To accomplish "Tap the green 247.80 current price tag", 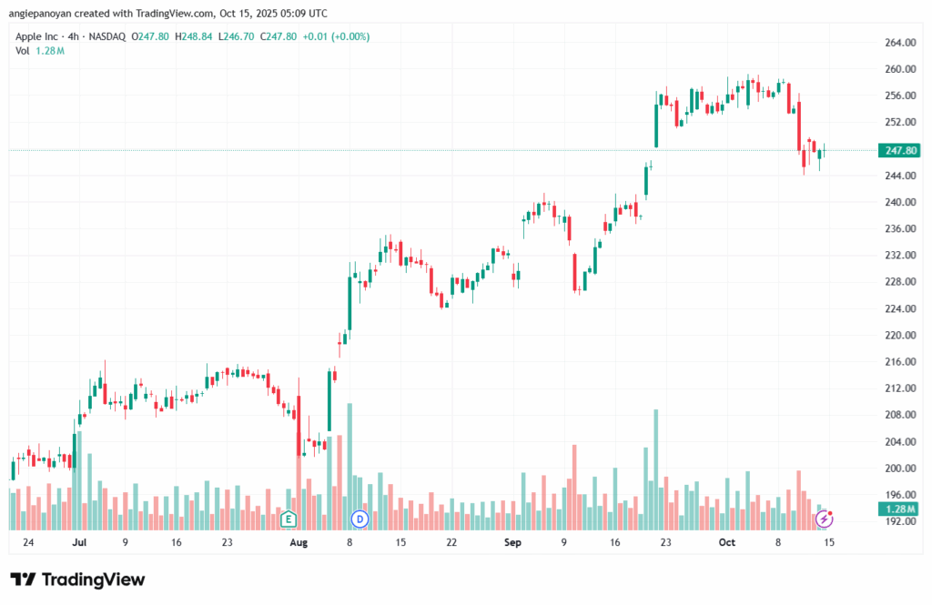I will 898,150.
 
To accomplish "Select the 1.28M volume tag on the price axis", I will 898,509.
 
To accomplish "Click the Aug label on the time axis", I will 299,542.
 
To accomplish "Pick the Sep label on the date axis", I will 512,542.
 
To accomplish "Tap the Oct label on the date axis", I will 726,542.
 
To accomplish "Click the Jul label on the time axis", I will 79,542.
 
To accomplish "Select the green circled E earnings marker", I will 289,519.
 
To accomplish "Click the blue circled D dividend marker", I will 359,519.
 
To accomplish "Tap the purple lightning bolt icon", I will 825,519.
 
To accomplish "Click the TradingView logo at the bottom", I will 77,580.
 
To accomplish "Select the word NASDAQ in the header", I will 108,36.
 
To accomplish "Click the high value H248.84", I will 201,36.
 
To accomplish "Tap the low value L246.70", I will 242,36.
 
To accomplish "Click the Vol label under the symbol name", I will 23,51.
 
